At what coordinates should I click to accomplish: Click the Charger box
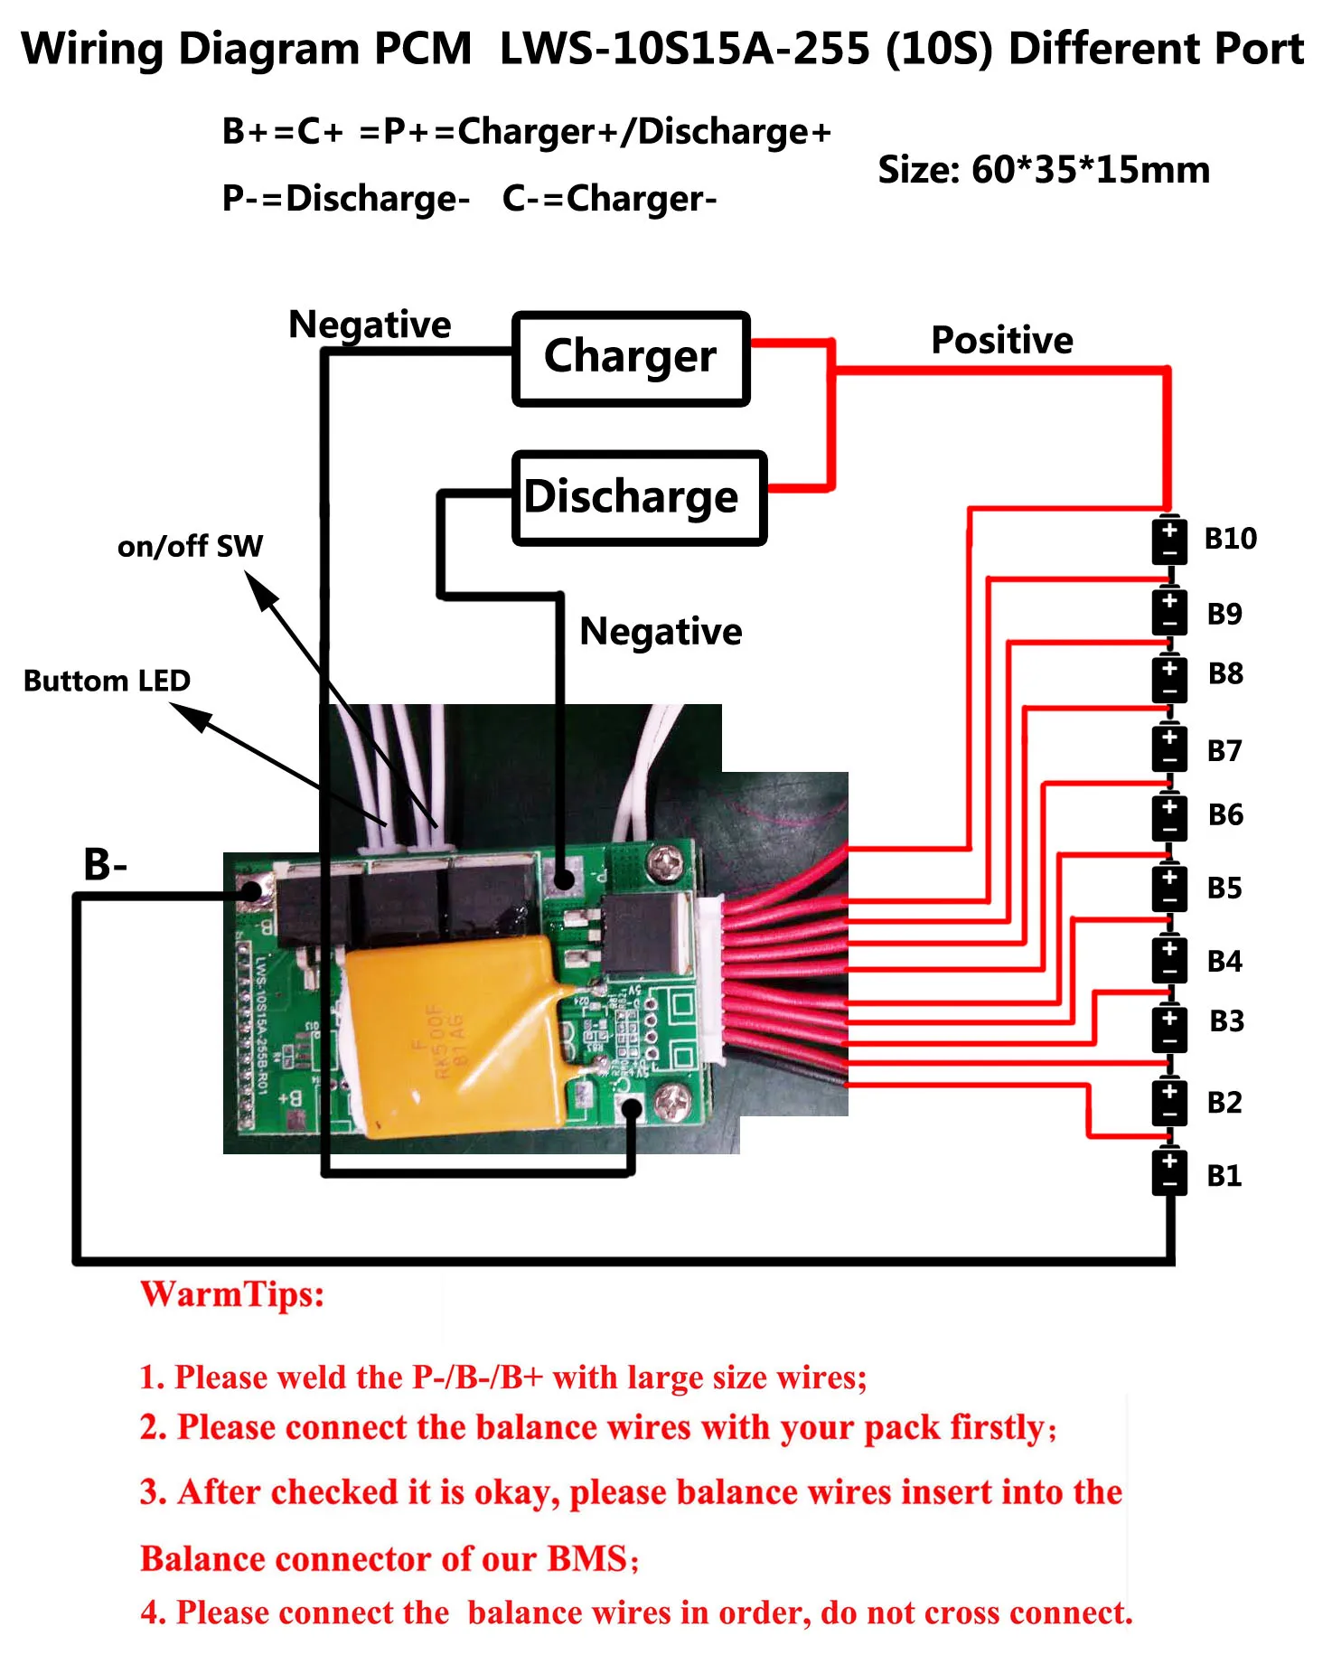coord(631,358)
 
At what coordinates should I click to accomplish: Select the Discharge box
coord(639,498)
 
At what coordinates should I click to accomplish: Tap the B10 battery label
coord(1230,539)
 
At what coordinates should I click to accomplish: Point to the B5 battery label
coord(1224,889)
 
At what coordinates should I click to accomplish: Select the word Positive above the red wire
coord(1002,341)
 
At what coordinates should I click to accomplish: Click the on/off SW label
coord(190,546)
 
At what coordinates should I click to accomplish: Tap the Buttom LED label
coord(107,681)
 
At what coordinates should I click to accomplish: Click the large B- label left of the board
coord(105,864)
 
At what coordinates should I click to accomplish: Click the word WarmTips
coord(232,1294)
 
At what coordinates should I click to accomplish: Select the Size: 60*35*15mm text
coord(1044,170)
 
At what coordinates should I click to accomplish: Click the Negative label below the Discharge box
coord(661,632)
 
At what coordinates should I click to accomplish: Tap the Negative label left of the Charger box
coord(370,324)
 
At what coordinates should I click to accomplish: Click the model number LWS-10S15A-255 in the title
coord(684,49)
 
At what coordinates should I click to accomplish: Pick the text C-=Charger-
coord(610,199)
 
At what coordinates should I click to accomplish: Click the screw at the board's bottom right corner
coord(672,1100)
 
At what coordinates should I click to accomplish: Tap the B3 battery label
coord(1226,1021)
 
